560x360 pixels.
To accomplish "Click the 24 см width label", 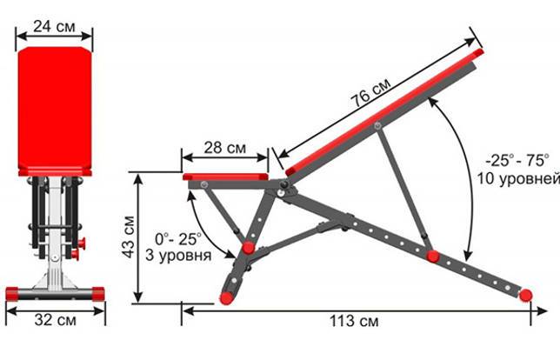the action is [54, 26].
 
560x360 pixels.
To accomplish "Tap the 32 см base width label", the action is [56, 320].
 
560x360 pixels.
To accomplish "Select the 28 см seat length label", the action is [225, 148].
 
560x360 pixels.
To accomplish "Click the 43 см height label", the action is [129, 237].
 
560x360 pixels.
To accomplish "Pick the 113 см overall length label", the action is [354, 321].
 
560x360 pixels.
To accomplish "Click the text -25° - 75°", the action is [517, 160].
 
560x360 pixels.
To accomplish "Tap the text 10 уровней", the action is [518, 178].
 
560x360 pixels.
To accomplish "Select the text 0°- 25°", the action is [178, 239].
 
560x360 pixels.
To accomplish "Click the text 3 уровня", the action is [178, 256].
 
